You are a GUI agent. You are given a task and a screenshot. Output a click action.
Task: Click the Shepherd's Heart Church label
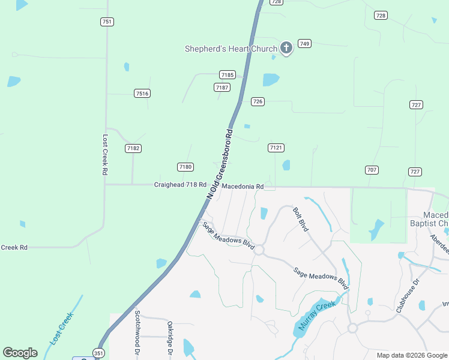pos(231,49)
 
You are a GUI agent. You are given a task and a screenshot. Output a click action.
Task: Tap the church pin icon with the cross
pos(286,48)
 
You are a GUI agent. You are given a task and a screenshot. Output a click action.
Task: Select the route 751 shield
pos(107,22)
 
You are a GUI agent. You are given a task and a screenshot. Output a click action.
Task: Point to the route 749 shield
pos(305,43)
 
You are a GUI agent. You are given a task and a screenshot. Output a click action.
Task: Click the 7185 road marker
pos(227,74)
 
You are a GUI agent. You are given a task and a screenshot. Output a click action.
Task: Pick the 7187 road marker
pos(222,87)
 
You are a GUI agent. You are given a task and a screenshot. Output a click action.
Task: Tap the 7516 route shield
pos(142,93)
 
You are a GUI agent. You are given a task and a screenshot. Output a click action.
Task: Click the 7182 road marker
pos(133,148)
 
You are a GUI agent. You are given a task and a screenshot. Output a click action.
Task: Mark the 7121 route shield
pos(276,147)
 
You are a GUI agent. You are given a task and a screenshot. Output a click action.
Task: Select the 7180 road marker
pos(185,166)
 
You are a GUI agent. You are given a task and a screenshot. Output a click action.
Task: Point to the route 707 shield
pos(372,170)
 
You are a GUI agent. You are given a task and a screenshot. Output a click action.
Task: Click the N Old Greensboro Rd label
pos(219,163)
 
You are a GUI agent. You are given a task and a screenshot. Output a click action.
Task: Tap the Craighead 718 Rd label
pos(180,185)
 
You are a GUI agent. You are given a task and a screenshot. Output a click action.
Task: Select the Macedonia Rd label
pos(243,187)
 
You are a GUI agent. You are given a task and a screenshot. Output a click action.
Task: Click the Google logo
pos(20,353)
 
